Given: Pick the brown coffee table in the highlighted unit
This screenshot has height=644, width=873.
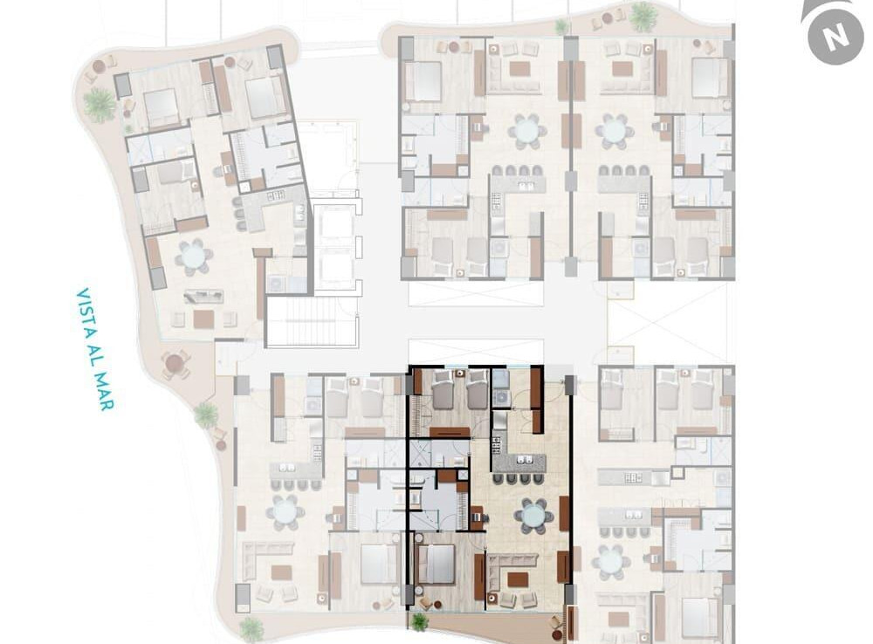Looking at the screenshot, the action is tap(519, 579).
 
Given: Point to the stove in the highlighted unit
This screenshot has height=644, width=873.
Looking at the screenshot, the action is tap(496, 445).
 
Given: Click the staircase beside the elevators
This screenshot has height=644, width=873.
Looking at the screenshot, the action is tap(312, 322).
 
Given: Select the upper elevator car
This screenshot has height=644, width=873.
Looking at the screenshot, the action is tap(334, 226).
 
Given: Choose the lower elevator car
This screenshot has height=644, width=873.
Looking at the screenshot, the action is tap(334, 271).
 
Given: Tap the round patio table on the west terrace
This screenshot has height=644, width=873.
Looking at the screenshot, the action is tap(175, 364).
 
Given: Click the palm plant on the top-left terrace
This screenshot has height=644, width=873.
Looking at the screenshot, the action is tap(100, 105).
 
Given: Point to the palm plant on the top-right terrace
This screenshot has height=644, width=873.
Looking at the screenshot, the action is tap(642, 17).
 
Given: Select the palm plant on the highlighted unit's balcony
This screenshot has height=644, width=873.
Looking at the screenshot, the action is tap(419, 620).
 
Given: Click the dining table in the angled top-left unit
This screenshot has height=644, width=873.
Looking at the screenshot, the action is tap(193, 257).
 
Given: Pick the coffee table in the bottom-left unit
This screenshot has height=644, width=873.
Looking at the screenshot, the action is tap(281, 572).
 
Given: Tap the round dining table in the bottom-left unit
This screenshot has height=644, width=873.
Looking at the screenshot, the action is tap(285, 512).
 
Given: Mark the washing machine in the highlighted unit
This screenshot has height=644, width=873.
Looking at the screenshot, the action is tap(502, 397).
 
